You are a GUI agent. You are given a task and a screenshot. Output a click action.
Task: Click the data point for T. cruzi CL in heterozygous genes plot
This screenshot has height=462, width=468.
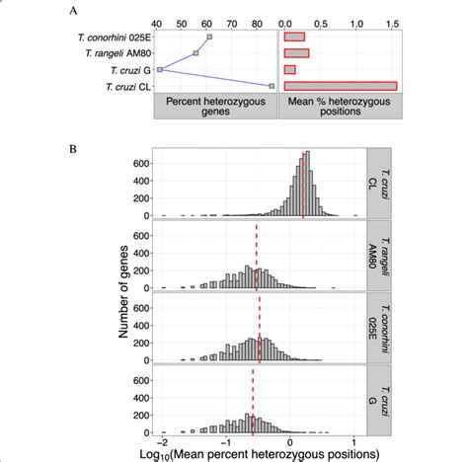pos(272,87)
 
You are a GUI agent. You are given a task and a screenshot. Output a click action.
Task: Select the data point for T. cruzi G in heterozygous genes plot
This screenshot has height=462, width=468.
pos(160,70)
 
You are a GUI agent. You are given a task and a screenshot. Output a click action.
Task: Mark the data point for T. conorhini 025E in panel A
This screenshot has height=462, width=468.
pos(209,38)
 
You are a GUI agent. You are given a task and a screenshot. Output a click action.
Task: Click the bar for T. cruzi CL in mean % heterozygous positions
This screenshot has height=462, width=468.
pos(340,87)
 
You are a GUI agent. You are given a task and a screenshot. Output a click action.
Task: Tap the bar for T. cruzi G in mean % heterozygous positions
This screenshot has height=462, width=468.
pos(290,70)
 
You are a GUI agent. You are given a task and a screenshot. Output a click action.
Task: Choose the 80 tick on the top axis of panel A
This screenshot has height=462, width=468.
pos(259,19)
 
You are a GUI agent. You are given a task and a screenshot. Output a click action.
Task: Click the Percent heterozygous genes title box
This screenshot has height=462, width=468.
pos(214,109)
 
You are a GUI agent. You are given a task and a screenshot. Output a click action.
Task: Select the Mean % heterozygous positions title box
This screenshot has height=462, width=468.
pos(340,109)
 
